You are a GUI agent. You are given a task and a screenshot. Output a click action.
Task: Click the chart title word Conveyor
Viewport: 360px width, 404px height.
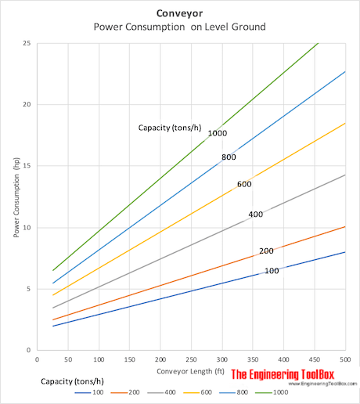pos(181,13)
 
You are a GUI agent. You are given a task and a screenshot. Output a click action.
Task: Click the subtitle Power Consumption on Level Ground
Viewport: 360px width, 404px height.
pos(181,27)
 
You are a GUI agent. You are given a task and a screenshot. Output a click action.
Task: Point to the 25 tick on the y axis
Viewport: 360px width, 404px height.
pos(27,43)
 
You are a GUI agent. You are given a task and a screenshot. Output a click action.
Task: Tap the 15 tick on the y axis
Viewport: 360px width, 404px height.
pos(27,166)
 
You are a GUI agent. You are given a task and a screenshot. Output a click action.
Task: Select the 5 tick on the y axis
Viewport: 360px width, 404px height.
pos(29,289)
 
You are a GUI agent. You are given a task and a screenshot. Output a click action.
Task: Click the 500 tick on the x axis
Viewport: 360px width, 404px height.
pos(345,359)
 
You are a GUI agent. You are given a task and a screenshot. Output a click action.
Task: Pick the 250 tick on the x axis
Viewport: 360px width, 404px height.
pos(192,359)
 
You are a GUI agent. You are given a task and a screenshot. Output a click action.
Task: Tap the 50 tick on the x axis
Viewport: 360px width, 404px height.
pos(68,359)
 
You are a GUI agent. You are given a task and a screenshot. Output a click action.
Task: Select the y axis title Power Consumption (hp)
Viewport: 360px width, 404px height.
pos(16,197)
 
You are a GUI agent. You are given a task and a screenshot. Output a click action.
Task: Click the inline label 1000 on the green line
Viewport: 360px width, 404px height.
pos(218,134)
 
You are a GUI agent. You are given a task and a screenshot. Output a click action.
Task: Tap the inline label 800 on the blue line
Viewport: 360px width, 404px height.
pos(229,157)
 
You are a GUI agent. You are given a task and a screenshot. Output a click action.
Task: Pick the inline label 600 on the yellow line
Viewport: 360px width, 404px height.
pos(244,185)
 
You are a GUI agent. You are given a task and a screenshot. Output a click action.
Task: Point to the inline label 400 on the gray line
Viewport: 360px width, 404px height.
pos(255,215)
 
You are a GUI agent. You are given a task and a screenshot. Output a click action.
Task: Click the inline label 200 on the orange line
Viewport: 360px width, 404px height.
pos(266,251)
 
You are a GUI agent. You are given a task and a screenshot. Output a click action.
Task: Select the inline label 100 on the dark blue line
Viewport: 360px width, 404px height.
pos(272,270)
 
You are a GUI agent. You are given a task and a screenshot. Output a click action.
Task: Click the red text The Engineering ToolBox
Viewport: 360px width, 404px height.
pos(290,373)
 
